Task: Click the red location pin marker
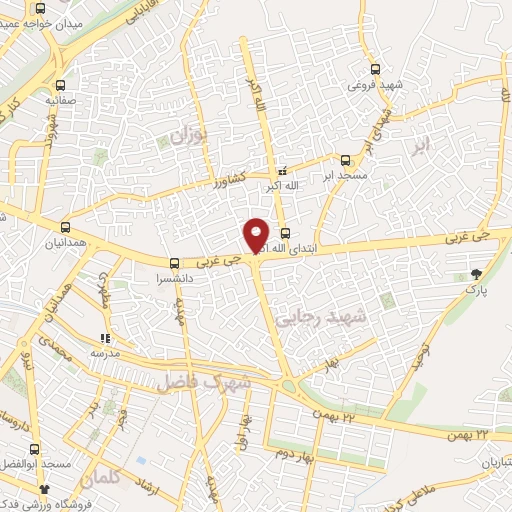click(x=257, y=234)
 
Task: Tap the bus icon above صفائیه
click(x=62, y=85)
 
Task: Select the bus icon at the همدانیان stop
click(x=66, y=227)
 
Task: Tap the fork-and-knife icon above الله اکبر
click(x=282, y=171)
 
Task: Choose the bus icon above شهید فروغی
click(x=375, y=69)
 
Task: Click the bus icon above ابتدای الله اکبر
click(x=285, y=233)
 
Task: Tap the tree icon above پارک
click(x=475, y=272)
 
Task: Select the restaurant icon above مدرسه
click(x=105, y=338)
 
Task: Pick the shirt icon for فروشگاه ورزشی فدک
click(x=44, y=488)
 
